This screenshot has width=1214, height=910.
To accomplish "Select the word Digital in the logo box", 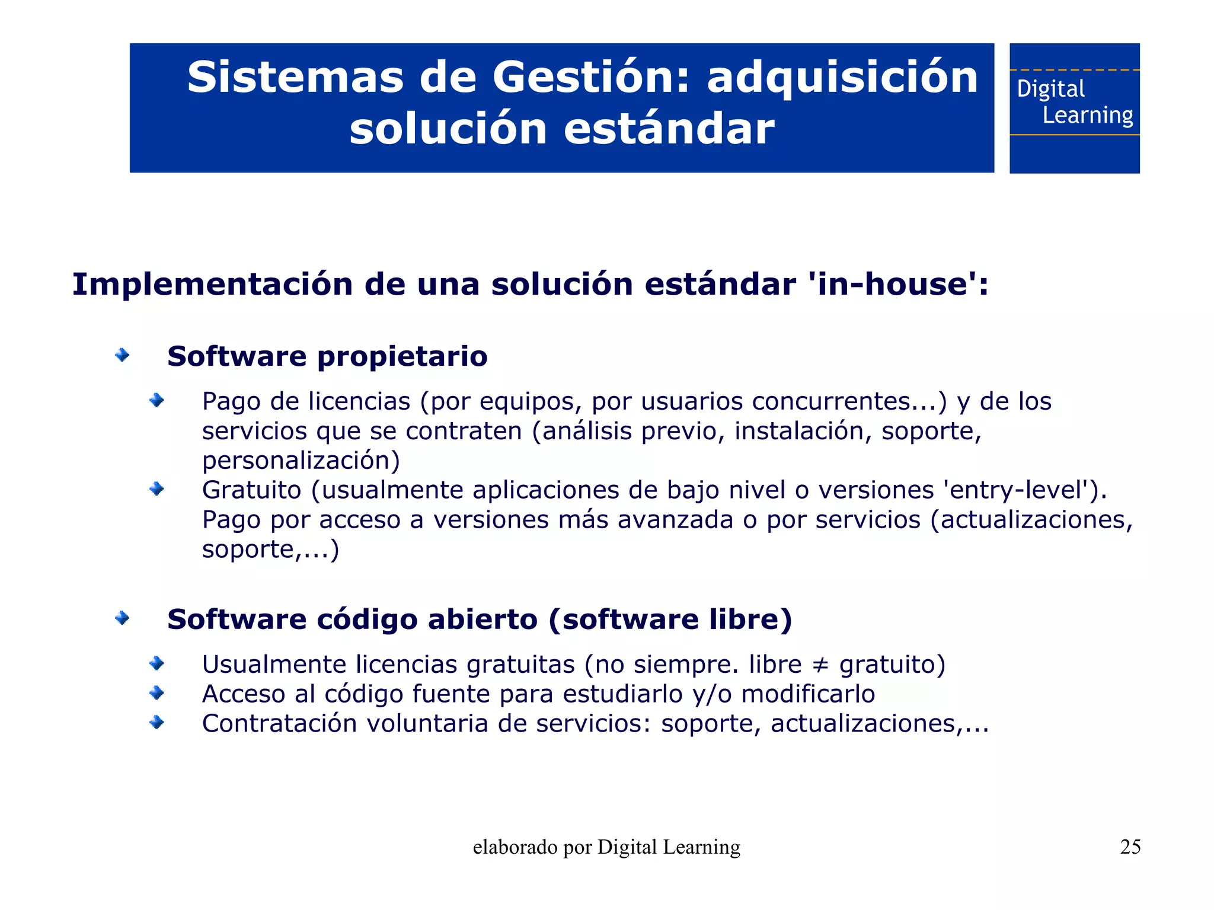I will click(x=1050, y=89).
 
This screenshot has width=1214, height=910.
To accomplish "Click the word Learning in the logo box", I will click(x=1088, y=115).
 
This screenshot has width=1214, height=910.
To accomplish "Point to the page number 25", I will click(x=1130, y=847).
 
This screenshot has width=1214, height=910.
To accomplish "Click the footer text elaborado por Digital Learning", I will click(x=606, y=847).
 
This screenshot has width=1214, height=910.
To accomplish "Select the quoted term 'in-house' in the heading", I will click(x=892, y=284).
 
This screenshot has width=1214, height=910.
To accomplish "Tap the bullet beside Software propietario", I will click(x=122, y=355).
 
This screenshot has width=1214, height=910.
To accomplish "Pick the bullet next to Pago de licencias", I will click(x=156, y=401).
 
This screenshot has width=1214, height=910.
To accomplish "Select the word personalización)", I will click(x=301, y=461).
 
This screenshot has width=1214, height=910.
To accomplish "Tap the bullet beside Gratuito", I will click(x=156, y=489).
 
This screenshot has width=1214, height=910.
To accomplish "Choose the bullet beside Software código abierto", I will click(x=122, y=618).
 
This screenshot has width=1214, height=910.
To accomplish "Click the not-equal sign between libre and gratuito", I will click(x=820, y=665).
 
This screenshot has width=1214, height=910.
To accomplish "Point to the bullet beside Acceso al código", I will click(x=156, y=692).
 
